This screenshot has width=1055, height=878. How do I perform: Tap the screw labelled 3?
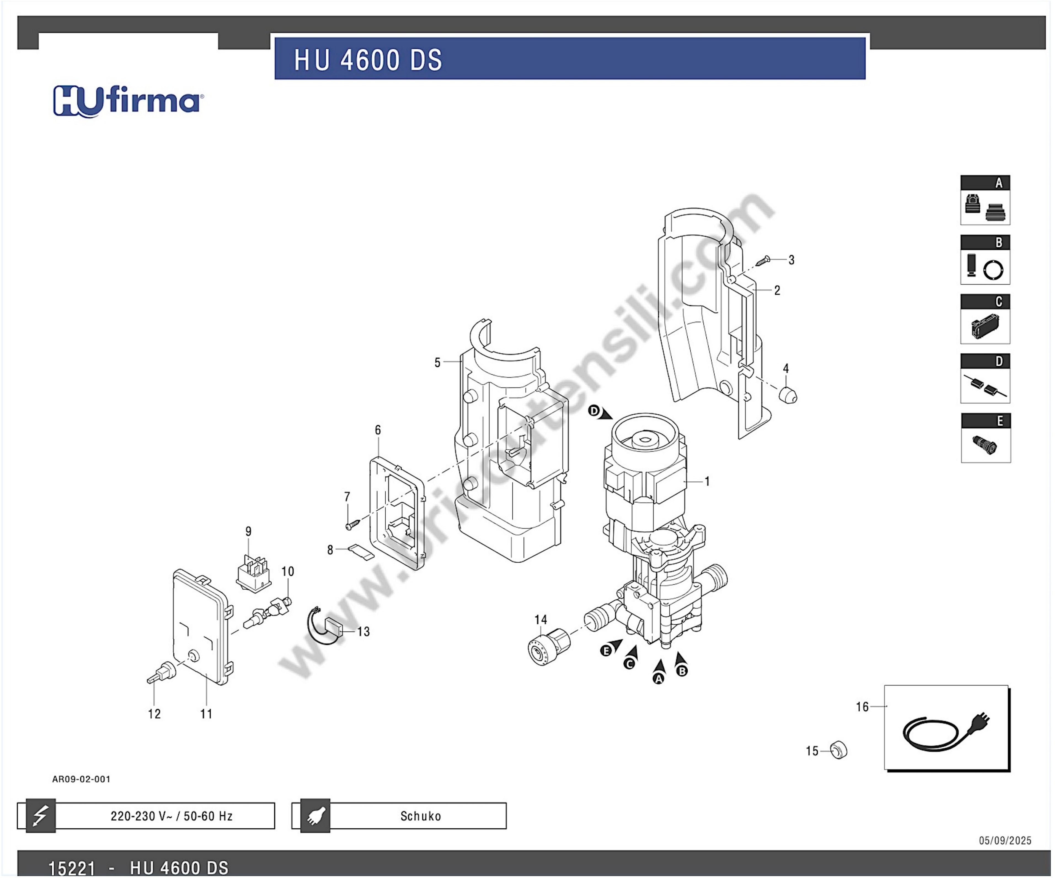click(763, 261)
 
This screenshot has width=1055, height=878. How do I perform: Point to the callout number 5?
click(437, 363)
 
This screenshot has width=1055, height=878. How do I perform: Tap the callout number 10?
click(287, 571)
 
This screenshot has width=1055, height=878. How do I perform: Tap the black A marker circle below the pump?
click(658, 679)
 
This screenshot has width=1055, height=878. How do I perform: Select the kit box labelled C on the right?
click(985, 319)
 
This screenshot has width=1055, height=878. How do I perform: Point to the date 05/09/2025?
click(1005, 840)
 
